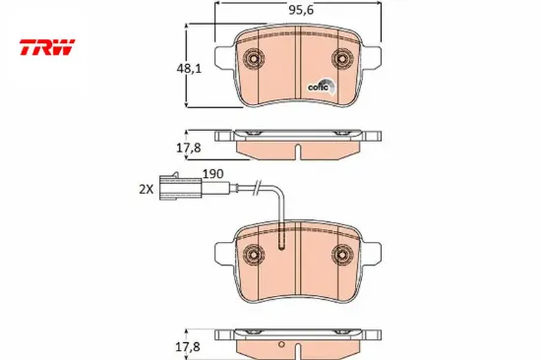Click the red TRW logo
click(x=47, y=47)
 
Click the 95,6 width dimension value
click(x=301, y=11)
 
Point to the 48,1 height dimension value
click(x=189, y=69)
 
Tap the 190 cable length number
click(x=212, y=174)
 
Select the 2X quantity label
click(x=146, y=189)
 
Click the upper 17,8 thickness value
click(x=189, y=149)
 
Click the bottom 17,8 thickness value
click(x=188, y=347)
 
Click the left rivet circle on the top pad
click(x=254, y=59)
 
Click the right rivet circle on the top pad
click(x=342, y=59)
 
